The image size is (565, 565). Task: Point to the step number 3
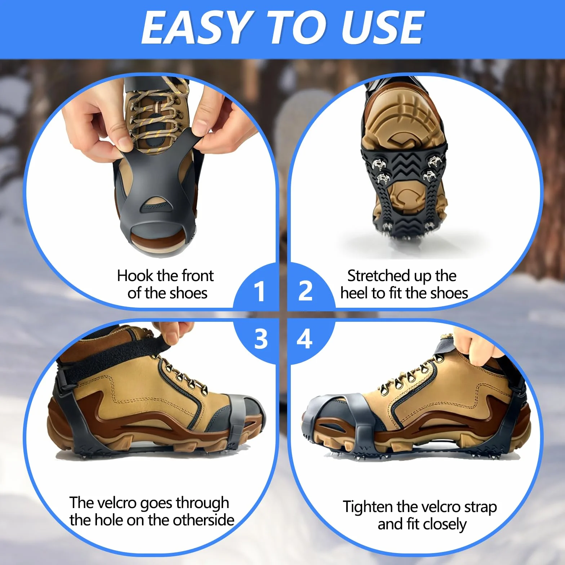pos(261,339)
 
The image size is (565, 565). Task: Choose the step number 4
pos(305,339)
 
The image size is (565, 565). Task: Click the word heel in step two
pos(354,293)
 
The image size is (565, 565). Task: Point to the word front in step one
pos(198,276)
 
